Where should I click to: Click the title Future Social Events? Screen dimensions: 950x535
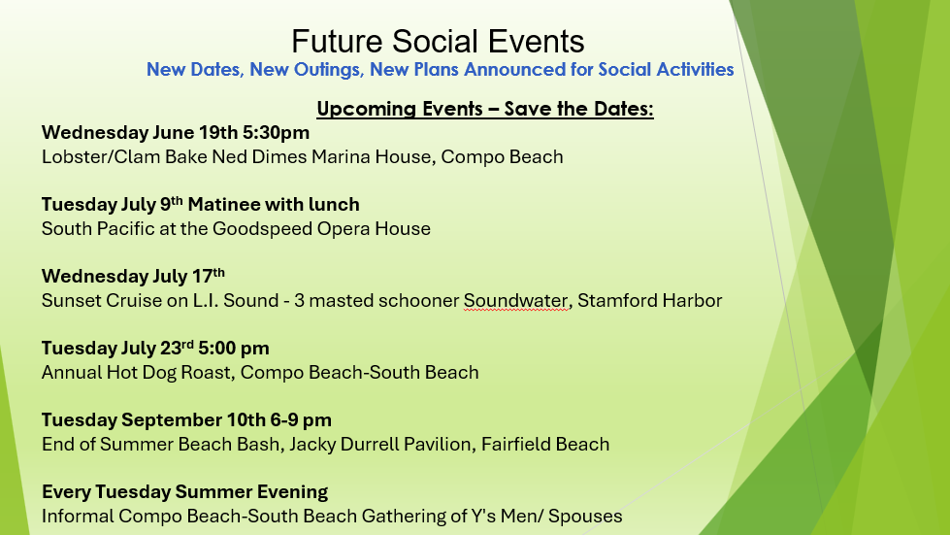pos(438,41)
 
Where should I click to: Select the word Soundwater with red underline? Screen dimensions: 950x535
pos(515,301)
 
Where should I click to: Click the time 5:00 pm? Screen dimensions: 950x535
pos(234,349)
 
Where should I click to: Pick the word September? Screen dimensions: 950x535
pos(172,419)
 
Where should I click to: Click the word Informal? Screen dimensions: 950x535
pos(78,517)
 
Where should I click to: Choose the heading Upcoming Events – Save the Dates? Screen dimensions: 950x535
pos(485,109)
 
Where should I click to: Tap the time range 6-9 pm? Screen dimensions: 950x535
pos(301,419)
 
